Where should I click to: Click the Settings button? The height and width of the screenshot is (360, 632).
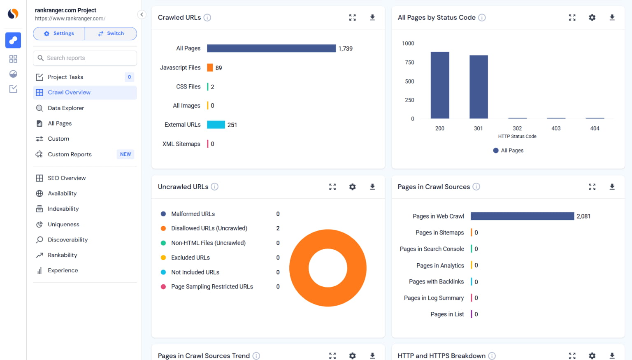(x=59, y=33)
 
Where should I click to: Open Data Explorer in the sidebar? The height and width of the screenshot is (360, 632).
(x=65, y=108)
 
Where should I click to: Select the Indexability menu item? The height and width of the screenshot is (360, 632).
(x=63, y=209)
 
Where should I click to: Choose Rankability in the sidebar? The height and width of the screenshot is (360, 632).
(x=62, y=255)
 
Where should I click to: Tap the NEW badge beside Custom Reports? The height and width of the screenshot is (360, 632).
(x=125, y=154)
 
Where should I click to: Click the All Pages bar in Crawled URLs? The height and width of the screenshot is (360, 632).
(x=271, y=49)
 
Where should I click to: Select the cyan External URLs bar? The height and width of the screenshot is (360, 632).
(x=216, y=125)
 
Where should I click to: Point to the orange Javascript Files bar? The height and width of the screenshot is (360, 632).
(x=210, y=67)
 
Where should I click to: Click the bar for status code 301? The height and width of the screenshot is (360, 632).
(x=479, y=87)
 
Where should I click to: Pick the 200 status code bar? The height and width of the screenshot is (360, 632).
(x=440, y=85)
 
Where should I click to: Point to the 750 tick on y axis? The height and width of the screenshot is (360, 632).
(x=409, y=63)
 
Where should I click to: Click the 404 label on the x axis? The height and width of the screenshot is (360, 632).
(x=595, y=128)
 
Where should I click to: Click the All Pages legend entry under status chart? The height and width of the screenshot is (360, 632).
(x=509, y=151)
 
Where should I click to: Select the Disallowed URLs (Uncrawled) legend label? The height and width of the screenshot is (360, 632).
(x=209, y=228)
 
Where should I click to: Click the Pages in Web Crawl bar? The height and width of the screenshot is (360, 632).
(x=522, y=216)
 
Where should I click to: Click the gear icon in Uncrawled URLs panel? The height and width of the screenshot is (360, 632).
(x=352, y=187)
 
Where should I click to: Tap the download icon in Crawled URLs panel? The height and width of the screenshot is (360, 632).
(x=372, y=17)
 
